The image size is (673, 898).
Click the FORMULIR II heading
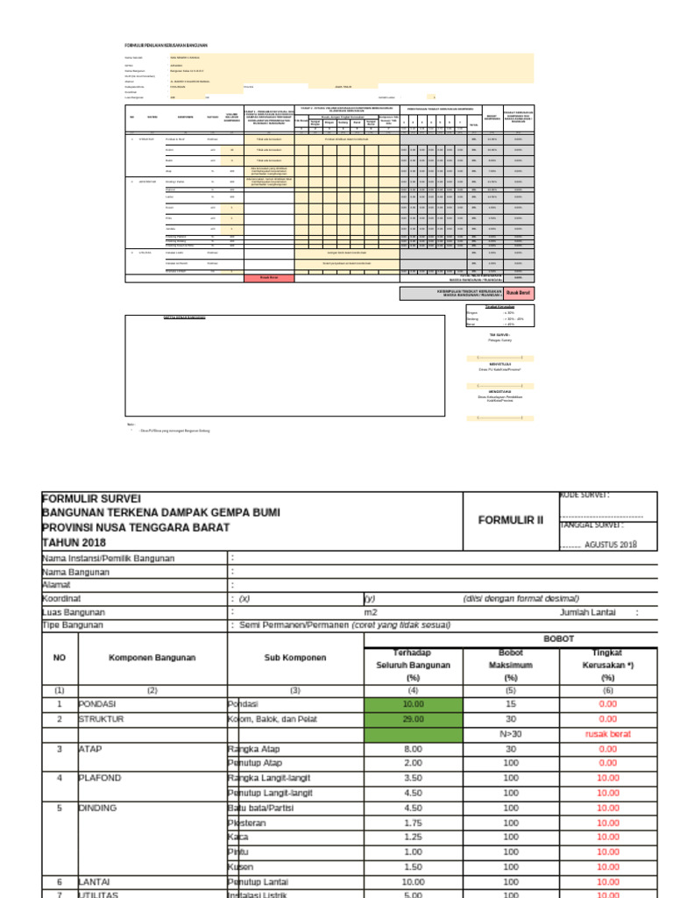click(511, 519)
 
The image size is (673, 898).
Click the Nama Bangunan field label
click(75, 572)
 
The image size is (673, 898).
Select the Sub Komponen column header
click(294, 657)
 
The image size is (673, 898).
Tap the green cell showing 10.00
click(413, 703)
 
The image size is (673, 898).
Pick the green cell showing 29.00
click(413, 718)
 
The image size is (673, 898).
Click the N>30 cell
click(511, 733)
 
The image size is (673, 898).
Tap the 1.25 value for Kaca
click(413, 837)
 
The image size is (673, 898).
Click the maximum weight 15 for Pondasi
click(511, 703)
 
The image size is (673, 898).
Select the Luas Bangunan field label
click(74, 612)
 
